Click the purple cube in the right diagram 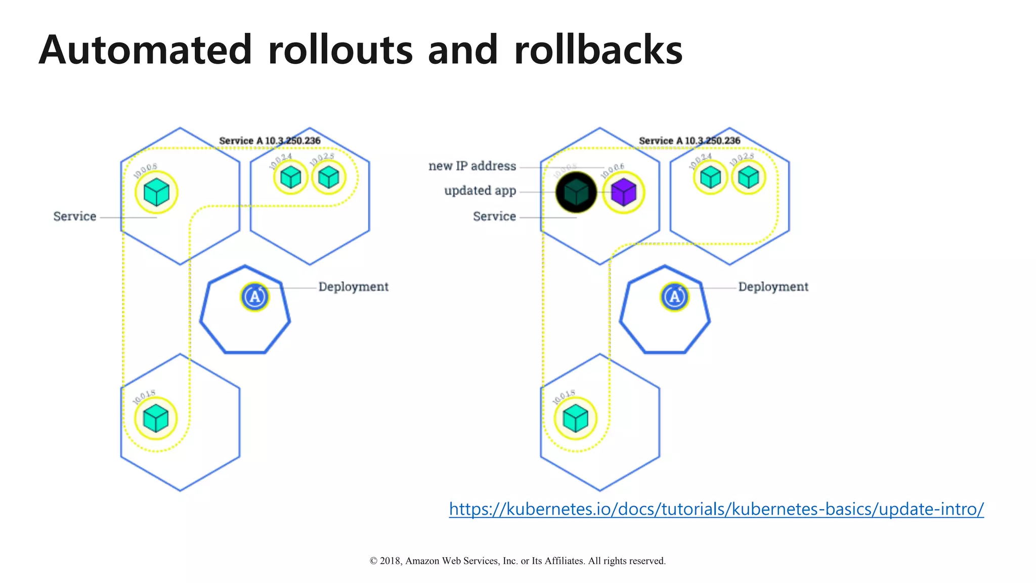click(623, 192)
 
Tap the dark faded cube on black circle click(576, 192)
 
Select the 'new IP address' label click(472, 166)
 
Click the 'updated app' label click(480, 191)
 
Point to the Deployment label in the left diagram click(353, 287)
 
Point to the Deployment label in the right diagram click(773, 287)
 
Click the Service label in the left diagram click(75, 217)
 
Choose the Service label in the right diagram click(494, 217)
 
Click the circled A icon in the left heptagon click(255, 297)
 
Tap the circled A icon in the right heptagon click(675, 297)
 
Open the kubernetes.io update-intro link click(716, 509)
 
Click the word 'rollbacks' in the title click(598, 50)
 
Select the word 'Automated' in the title click(145, 50)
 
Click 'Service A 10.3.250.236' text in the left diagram click(270, 141)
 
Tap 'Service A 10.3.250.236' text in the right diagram click(689, 141)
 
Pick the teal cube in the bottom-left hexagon click(156, 419)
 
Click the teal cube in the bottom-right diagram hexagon click(576, 419)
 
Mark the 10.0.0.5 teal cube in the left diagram click(156, 192)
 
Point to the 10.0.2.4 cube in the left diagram click(291, 177)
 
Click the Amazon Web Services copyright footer click(517, 561)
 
